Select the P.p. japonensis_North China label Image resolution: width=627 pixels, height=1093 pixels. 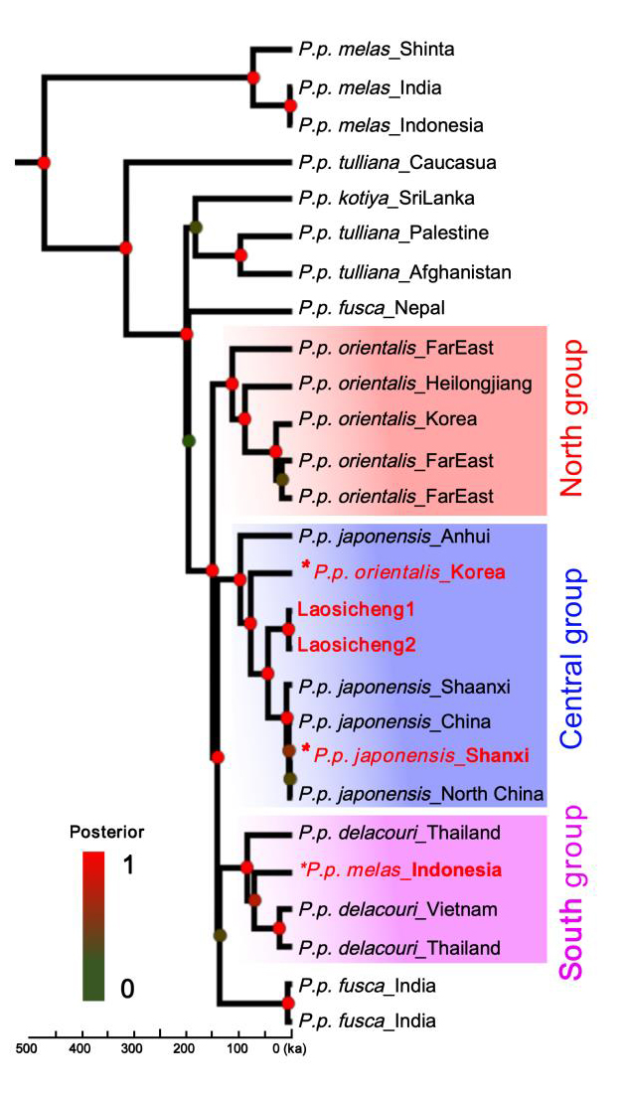420,794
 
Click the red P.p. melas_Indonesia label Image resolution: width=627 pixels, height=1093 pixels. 399,869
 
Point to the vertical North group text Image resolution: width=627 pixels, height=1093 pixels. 571,417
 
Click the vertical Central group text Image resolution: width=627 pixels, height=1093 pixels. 571,661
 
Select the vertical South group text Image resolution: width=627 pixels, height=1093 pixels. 571,889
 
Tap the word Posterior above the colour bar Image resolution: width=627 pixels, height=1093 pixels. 100,831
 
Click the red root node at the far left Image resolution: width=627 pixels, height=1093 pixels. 44,161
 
